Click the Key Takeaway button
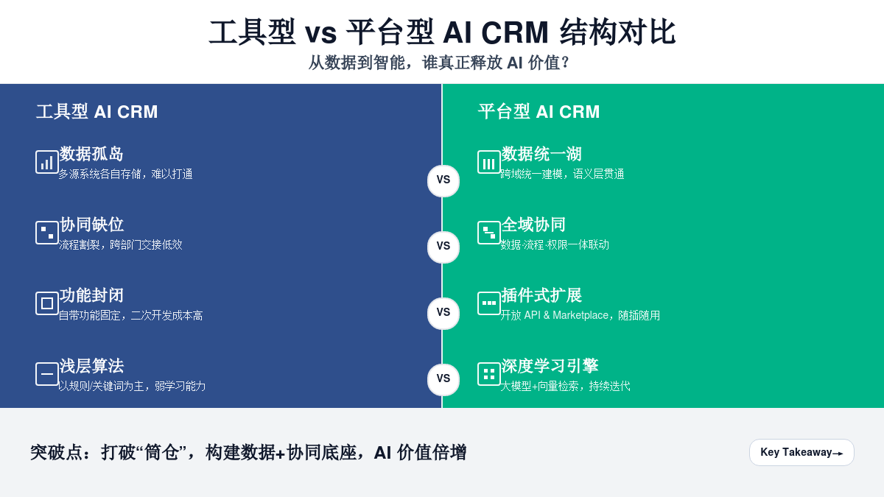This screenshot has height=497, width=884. [801, 452]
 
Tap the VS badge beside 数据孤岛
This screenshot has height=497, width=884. [443, 180]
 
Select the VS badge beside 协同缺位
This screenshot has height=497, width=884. [443, 247]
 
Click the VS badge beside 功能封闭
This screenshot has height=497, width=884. [443, 313]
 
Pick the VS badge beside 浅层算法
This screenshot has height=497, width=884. [443, 379]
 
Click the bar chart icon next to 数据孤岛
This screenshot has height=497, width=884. [47, 162]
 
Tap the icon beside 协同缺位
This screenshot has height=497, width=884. [47, 233]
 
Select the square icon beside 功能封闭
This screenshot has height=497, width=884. [47, 303]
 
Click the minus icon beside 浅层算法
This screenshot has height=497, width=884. [47, 374]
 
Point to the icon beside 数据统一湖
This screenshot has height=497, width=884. [489, 162]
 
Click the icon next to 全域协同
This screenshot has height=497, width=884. [489, 233]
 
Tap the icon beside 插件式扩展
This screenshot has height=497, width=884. [489, 303]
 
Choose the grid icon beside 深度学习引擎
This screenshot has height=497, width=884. [489, 374]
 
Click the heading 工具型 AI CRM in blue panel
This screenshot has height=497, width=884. [97, 112]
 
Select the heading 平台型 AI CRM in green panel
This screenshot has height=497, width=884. [539, 112]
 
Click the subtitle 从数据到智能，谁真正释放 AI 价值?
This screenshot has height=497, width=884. [440, 63]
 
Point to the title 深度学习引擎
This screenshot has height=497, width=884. [550, 366]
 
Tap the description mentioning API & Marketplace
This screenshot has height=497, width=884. [580, 315]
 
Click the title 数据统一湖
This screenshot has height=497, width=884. [541, 154]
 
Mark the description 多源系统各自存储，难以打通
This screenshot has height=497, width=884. [126, 175]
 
